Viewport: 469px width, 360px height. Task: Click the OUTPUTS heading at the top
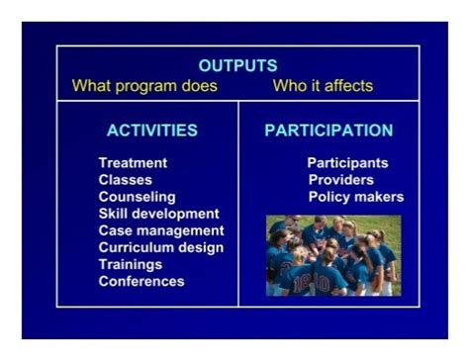(x=237, y=66)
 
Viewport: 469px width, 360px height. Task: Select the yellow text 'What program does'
(x=144, y=86)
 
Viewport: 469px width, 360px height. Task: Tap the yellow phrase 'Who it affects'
(x=323, y=86)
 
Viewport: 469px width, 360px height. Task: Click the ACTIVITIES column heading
(x=151, y=131)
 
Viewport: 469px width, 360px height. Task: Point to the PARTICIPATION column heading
(x=328, y=131)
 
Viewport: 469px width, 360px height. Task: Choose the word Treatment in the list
(x=133, y=163)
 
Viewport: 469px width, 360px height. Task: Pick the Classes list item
(x=125, y=180)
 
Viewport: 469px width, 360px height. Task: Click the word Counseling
(x=137, y=197)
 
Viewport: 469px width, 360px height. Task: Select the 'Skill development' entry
(x=158, y=214)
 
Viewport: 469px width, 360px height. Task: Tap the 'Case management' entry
(x=160, y=230)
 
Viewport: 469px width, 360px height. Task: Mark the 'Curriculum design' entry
(x=160, y=247)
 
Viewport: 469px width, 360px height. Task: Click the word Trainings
(x=130, y=264)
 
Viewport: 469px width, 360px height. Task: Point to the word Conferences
(x=141, y=281)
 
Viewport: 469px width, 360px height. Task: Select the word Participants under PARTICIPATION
(x=347, y=163)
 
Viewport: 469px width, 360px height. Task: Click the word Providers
(x=341, y=180)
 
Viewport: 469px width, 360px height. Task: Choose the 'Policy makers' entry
(x=356, y=197)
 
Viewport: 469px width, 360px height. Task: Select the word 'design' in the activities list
(x=201, y=247)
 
